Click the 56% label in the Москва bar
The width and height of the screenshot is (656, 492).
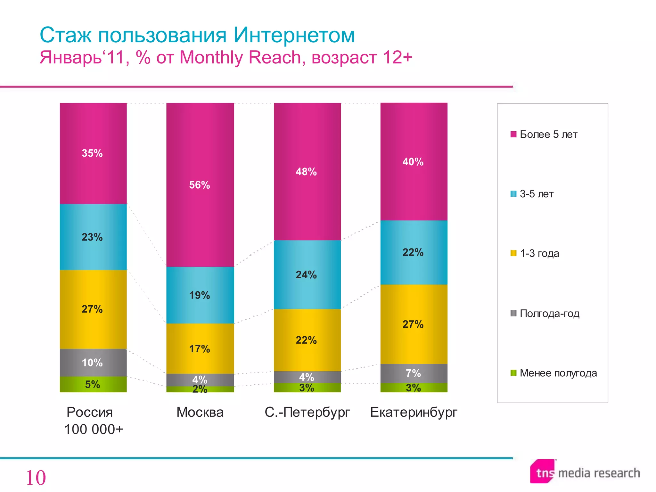pyautogui.click(x=200, y=185)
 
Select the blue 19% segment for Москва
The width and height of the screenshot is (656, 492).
pyautogui.click(x=200, y=295)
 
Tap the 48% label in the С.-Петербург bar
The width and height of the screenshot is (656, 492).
pyautogui.click(x=306, y=172)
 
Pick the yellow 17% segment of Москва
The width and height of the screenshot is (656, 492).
pyautogui.click(x=200, y=348)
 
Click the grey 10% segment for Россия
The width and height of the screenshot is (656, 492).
pyautogui.click(x=93, y=362)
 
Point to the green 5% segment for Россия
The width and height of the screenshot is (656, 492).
pyautogui.click(x=93, y=384)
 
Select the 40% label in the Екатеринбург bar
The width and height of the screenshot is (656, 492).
pyautogui.click(x=413, y=162)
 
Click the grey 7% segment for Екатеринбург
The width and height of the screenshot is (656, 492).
pyautogui.click(x=413, y=373)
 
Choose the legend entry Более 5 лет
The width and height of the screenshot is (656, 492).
pyautogui.click(x=548, y=135)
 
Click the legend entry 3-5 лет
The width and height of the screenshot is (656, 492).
pyautogui.click(x=536, y=194)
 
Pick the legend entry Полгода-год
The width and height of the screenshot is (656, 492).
pyautogui.click(x=549, y=313)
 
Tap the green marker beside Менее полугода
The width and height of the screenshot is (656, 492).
pyautogui.click(x=513, y=373)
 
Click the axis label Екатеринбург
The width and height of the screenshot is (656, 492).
pyautogui.click(x=414, y=412)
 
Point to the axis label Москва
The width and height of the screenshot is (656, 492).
pyautogui.click(x=200, y=412)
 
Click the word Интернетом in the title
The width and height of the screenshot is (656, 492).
pyautogui.click(x=294, y=35)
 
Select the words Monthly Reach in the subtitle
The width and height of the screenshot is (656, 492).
pyautogui.click(x=240, y=58)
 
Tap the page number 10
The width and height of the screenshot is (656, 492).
pyautogui.click(x=36, y=478)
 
